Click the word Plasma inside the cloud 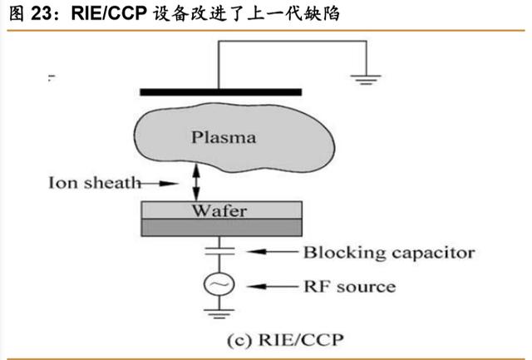point(224,137)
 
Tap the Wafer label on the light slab point(219,210)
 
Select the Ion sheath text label point(94,183)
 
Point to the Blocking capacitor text point(389,253)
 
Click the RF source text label point(349,287)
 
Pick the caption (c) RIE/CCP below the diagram point(285,340)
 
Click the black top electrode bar point(221,92)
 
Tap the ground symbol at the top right point(366,79)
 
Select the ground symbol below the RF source point(219,313)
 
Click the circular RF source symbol point(219,284)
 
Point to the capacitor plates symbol point(219,251)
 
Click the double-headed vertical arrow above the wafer point(196,183)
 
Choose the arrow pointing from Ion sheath point(159,184)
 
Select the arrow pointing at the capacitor point(272,252)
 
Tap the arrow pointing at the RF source point(272,287)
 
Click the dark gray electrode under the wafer point(222,227)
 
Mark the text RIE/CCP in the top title point(109,14)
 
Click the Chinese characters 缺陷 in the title point(321,14)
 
